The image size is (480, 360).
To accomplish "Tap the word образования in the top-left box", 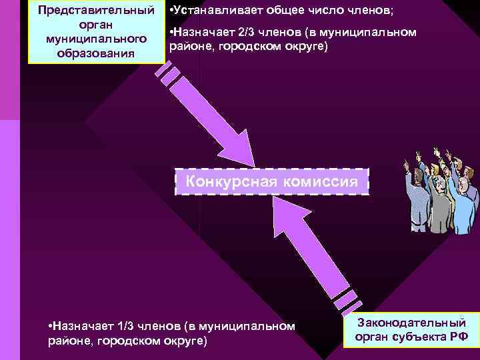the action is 96,53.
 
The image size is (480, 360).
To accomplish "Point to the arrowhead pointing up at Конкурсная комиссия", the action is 286,213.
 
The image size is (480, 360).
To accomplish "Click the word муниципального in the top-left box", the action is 96,39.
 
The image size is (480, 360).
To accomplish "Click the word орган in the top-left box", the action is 96,25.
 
